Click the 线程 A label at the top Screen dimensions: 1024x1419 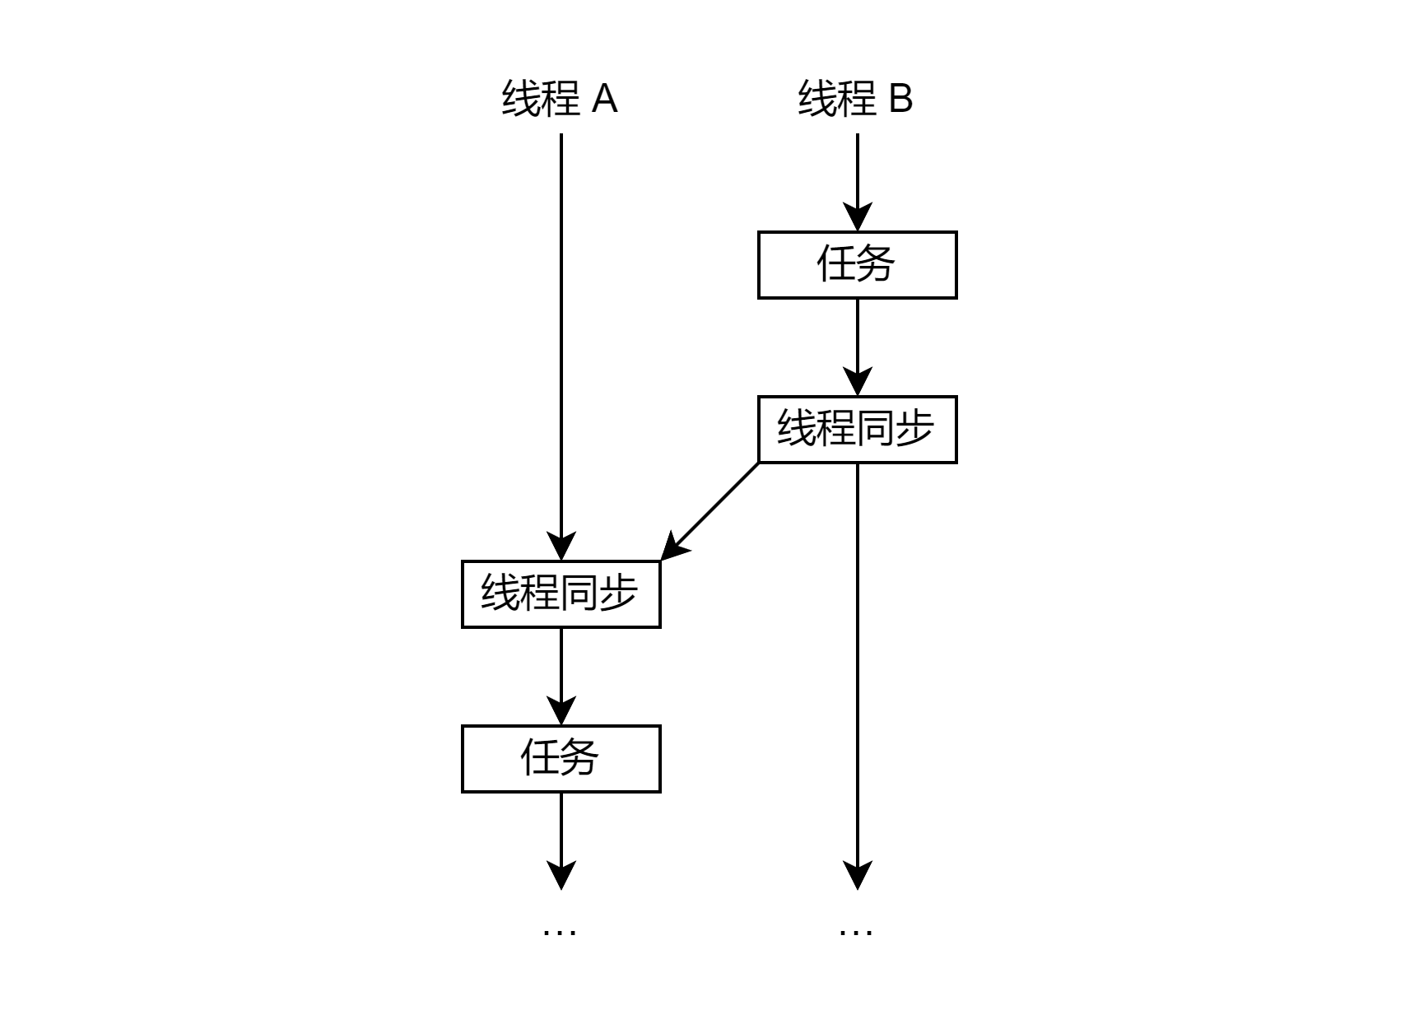pyautogui.click(x=560, y=99)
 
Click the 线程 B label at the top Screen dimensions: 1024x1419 pyautogui.click(x=856, y=99)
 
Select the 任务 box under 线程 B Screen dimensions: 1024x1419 pyautogui.click(x=857, y=265)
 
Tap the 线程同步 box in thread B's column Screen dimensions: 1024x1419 pyautogui.click(x=857, y=430)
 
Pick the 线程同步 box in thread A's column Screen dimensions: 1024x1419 pyautogui.click(x=561, y=594)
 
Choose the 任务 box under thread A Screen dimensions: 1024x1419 pyautogui.click(x=561, y=759)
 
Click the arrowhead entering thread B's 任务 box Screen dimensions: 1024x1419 pyautogui.click(x=857, y=218)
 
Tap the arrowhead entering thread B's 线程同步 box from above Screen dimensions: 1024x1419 pyautogui.click(x=857, y=383)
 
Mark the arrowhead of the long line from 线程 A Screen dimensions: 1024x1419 pyautogui.click(x=561, y=547)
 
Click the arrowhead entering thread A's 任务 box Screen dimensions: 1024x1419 pyautogui.click(x=561, y=712)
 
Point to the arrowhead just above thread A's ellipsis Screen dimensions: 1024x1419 pyautogui.click(x=561, y=876)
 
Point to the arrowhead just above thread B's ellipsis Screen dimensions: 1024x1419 pyautogui.click(x=857, y=876)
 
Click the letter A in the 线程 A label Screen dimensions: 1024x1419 pyautogui.click(x=605, y=99)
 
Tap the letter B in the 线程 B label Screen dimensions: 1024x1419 pyautogui.click(x=901, y=99)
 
